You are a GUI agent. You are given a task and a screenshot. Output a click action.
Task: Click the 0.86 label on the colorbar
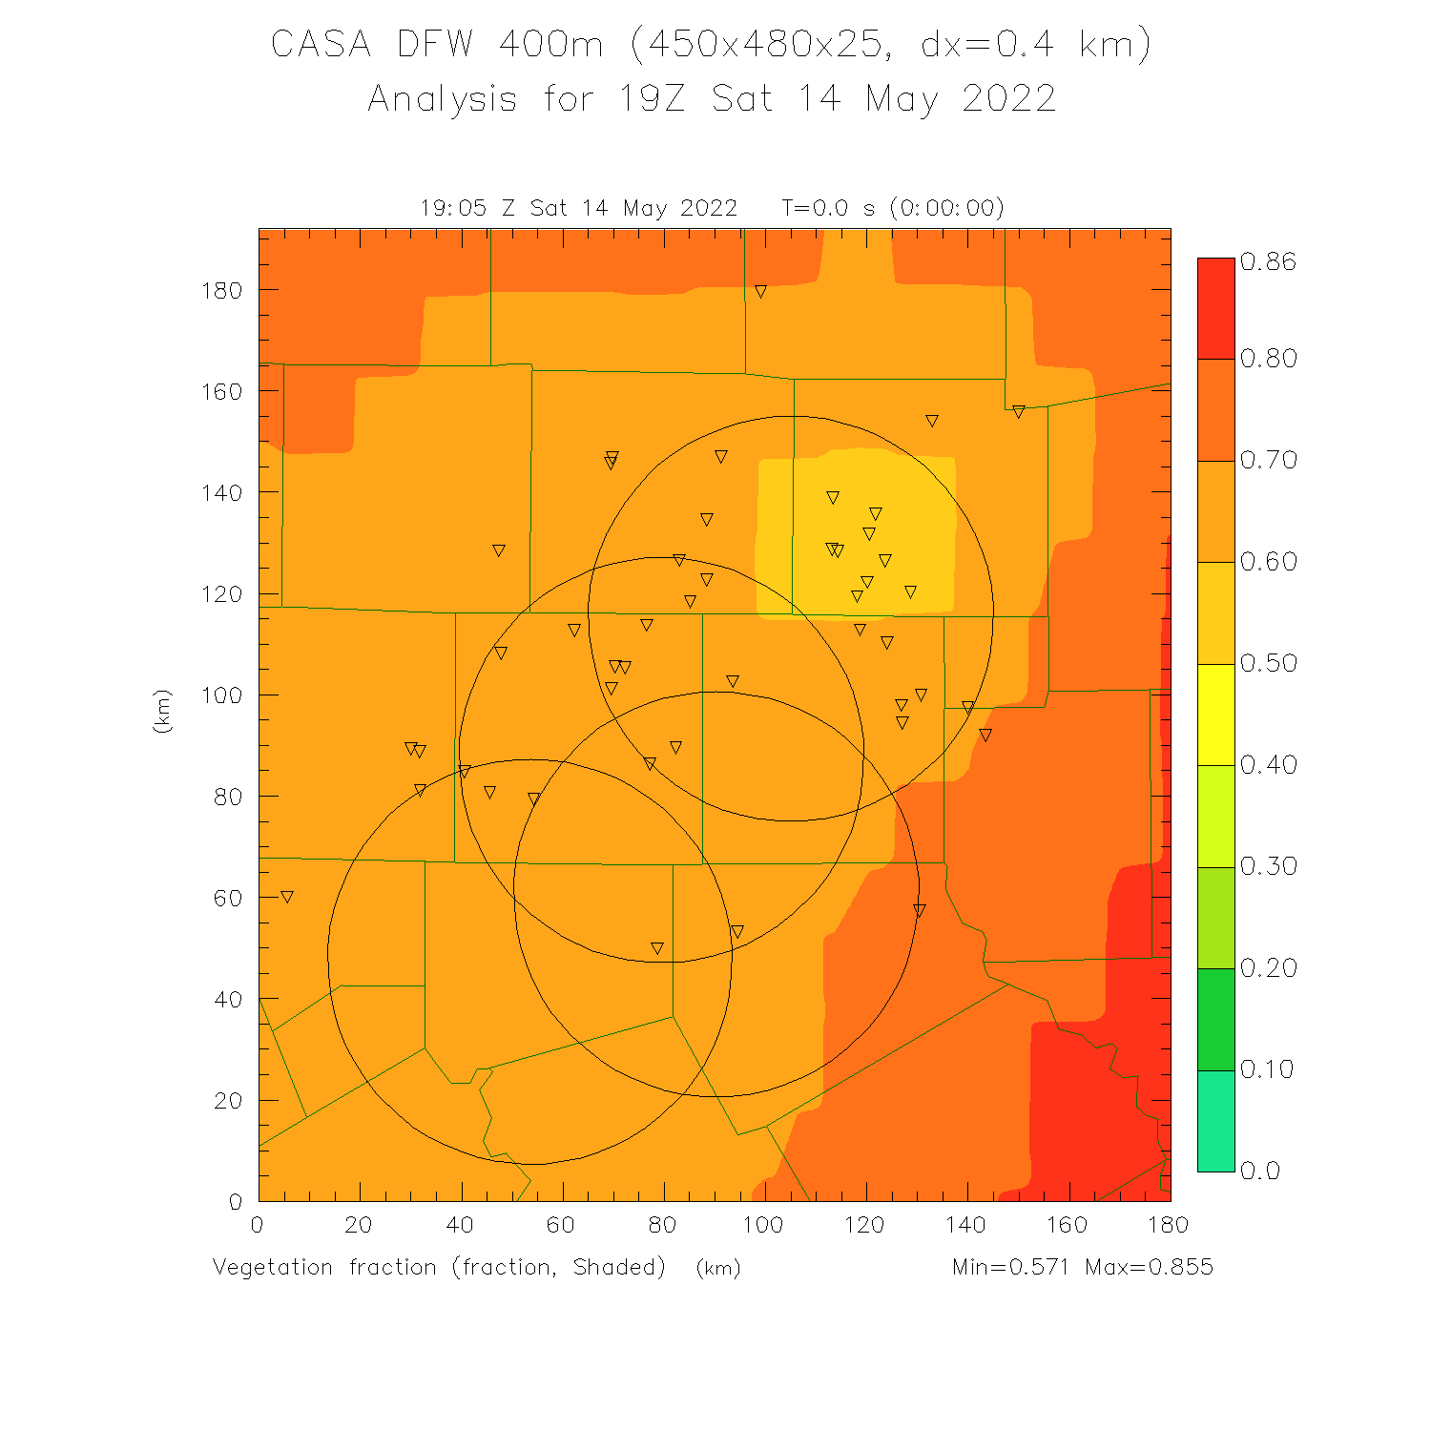1268,262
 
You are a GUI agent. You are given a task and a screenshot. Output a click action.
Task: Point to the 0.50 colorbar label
1268,663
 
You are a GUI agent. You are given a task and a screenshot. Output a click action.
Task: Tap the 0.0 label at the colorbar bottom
1259,1172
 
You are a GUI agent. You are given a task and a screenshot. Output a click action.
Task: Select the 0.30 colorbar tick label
1268,866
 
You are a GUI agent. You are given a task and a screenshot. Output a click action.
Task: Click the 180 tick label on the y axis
221,290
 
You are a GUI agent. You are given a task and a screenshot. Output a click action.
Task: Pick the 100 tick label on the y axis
221,695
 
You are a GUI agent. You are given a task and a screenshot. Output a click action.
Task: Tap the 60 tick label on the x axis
561,1225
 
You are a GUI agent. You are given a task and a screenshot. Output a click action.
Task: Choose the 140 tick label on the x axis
966,1225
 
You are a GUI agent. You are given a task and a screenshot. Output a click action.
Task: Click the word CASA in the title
321,45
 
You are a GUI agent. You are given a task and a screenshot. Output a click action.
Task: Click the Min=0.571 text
1010,1267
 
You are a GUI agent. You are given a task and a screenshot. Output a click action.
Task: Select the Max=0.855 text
1149,1267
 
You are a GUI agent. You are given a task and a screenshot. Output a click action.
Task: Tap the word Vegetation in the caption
273,1267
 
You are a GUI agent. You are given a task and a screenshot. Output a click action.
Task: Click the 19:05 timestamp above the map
453,208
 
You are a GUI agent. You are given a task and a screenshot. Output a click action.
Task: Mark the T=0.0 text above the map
815,208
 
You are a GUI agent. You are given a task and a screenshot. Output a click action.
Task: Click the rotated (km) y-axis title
162,711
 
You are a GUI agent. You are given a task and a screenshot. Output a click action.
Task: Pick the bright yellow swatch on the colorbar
1215,714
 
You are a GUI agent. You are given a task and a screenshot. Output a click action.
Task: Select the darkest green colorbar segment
1215,1019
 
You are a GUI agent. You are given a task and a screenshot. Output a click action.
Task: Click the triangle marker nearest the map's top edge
760,292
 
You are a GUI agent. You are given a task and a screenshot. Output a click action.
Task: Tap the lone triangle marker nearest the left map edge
286,897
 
